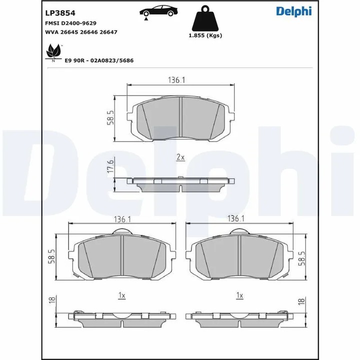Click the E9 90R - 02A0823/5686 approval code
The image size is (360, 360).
[98, 60]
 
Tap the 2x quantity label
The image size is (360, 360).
[180, 157]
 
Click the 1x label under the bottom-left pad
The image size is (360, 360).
[121, 295]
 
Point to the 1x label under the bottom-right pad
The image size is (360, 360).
[239, 295]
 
